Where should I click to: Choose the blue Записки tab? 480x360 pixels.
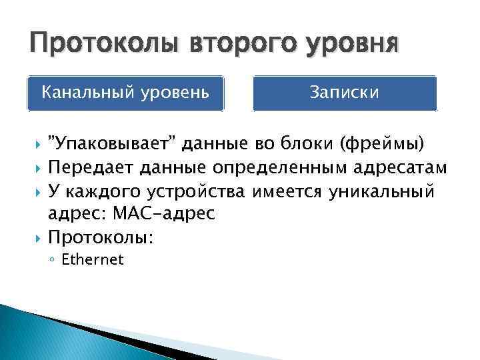pos(345,92)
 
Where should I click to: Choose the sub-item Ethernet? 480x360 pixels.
pos(92,260)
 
